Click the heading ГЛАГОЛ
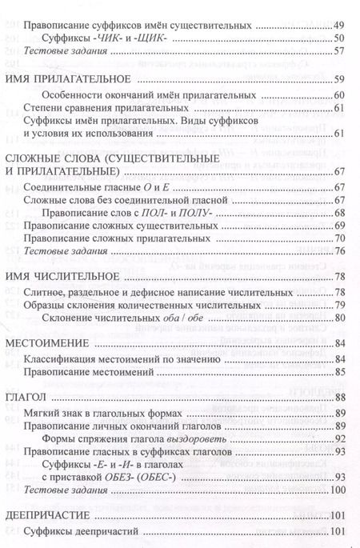point(25,398)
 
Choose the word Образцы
point(50,306)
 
